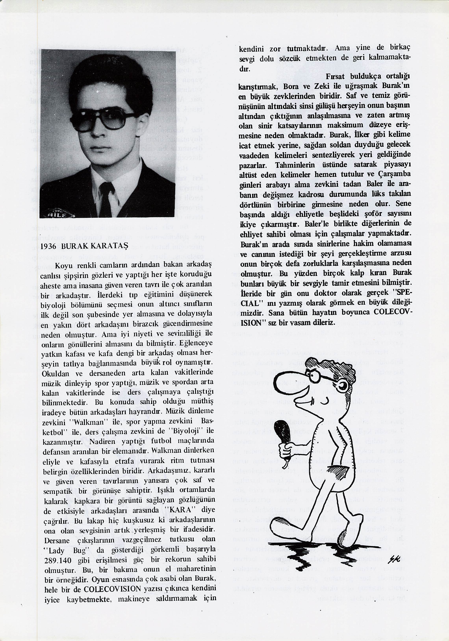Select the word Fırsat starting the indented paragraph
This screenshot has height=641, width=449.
pyautogui.click(x=335, y=76)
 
